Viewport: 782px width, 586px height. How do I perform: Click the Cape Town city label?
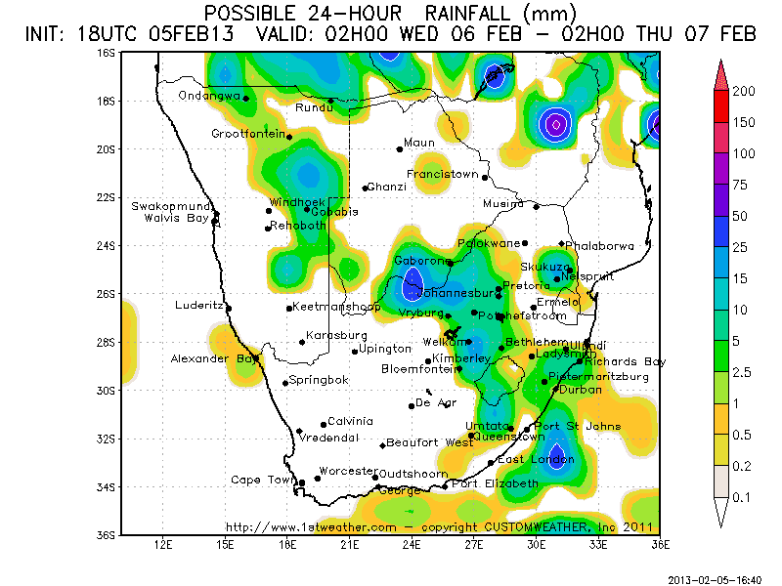tap(262, 480)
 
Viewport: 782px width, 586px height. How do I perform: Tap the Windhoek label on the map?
tap(292, 201)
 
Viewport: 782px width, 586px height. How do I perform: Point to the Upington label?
tap(385, 349)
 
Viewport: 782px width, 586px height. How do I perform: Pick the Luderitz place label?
tap(199, 305)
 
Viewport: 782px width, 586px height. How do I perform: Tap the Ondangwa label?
tap(209, 96)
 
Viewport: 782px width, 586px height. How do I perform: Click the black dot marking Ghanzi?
tap(365, 188)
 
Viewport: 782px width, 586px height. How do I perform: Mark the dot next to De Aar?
tap(412, 405)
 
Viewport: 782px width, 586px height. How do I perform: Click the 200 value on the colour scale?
tap(745, 91)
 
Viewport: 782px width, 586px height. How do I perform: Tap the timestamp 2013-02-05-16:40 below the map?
tap(715, 578)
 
